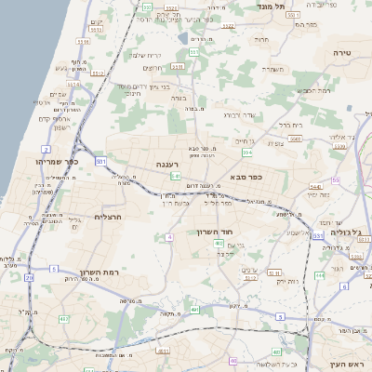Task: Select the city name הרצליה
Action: [x=110, y=216]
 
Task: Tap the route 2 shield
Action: [x=46, y=149]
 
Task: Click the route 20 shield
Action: [x=30, y=277]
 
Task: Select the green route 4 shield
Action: [x=170, y=237]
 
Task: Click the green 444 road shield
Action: [x=319, y=275]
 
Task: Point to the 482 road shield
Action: [x=64, y=320]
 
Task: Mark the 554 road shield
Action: [x=246, y=152]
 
